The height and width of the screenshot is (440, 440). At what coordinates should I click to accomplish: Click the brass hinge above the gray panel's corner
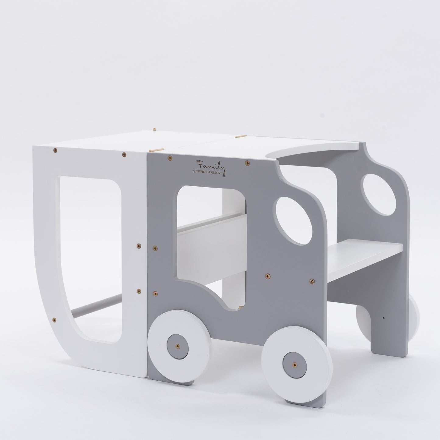coord(155,150)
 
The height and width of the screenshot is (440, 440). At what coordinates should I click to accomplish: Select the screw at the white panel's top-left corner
coord(55,150)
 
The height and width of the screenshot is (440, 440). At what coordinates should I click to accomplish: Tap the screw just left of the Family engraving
coord(169,158)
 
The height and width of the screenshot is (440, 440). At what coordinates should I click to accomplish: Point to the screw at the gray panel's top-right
coord(247,163)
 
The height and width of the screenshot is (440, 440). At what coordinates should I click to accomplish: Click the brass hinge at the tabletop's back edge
coord(154,129)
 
